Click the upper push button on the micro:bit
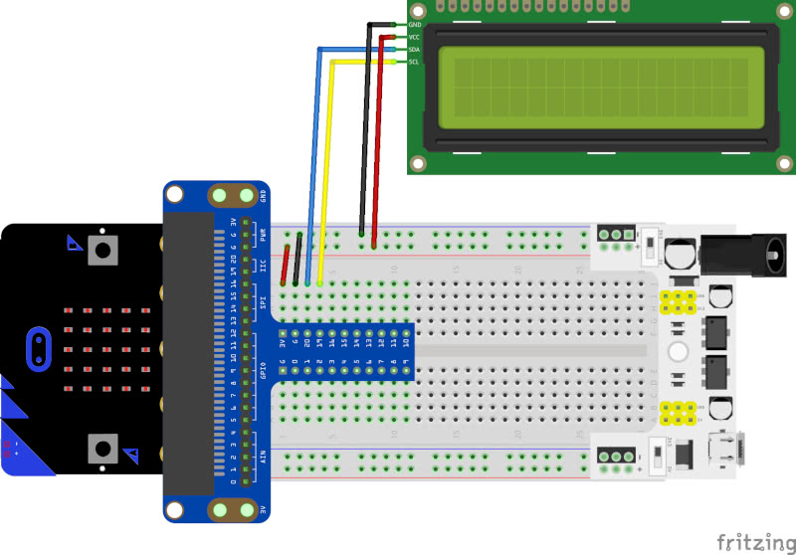click(101, 249)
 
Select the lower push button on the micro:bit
click(101, 449)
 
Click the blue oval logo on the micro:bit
click(38, 348)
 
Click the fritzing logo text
click(752, 540)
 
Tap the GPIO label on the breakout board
click(263, 371)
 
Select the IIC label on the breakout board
click(263, 266)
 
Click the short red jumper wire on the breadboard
click(287, 264)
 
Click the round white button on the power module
click(681, 350)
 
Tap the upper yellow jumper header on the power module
click(681, 301)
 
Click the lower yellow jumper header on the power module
click(681, 410)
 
